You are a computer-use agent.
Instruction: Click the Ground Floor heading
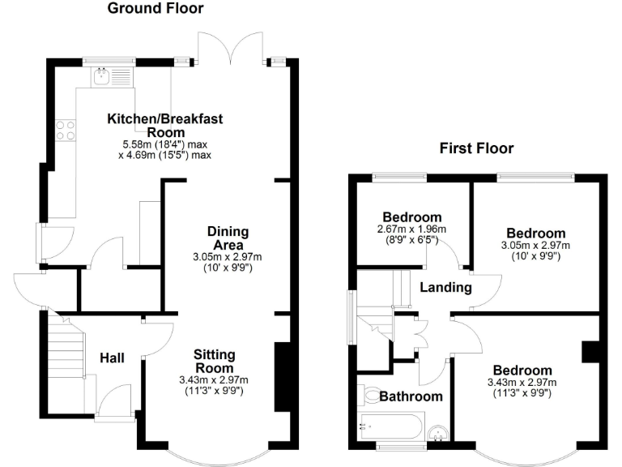tap(155, 9)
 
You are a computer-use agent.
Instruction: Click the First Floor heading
tap(476, 148)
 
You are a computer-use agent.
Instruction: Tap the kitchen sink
tap(102, 78)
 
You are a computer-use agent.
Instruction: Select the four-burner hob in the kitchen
tap(65, 130)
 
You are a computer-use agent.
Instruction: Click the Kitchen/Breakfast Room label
tap(165, 125)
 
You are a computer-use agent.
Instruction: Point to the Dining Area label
tap(228, 238)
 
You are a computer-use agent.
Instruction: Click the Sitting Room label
tap(215, 361)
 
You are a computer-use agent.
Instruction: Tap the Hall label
tap(112, 357)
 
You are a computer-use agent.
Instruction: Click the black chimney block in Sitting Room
tap(282, 377)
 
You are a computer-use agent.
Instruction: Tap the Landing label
tap(445, 287)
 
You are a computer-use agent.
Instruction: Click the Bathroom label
tap(411, 396)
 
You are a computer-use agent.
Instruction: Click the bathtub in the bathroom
tap(391, 424)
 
